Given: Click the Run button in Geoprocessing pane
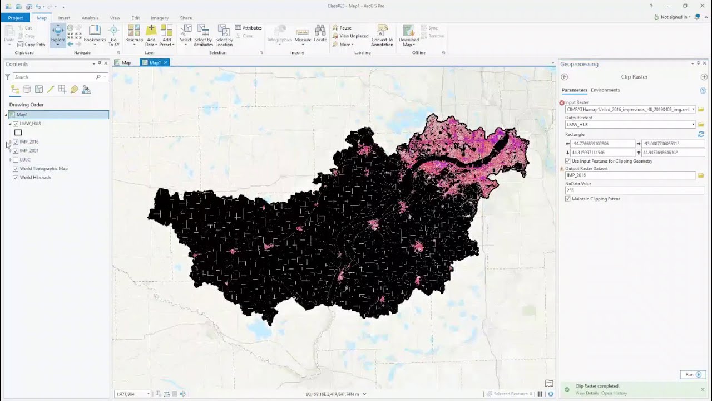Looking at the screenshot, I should [692, 374].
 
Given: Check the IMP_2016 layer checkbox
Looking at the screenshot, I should [16, 142].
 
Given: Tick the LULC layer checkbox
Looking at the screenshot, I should [16, 160].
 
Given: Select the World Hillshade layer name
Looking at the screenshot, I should [36, 178].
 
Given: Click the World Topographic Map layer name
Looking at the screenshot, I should [43, 169].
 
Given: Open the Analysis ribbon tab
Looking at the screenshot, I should [90, 18].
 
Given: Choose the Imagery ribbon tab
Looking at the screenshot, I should [159, 18].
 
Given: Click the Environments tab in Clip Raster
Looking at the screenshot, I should [605, 90].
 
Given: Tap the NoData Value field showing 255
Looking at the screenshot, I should [634, 190].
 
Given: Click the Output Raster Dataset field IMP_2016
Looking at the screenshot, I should [630, 175].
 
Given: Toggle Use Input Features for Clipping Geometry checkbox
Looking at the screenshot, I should [568, 161].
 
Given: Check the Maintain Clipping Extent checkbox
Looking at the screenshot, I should [568, 199].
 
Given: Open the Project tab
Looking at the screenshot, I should [16, 18].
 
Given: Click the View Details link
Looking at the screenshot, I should [587, 393].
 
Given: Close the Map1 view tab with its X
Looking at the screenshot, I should [165, 62].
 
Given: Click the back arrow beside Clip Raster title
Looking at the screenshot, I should [564, 77].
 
